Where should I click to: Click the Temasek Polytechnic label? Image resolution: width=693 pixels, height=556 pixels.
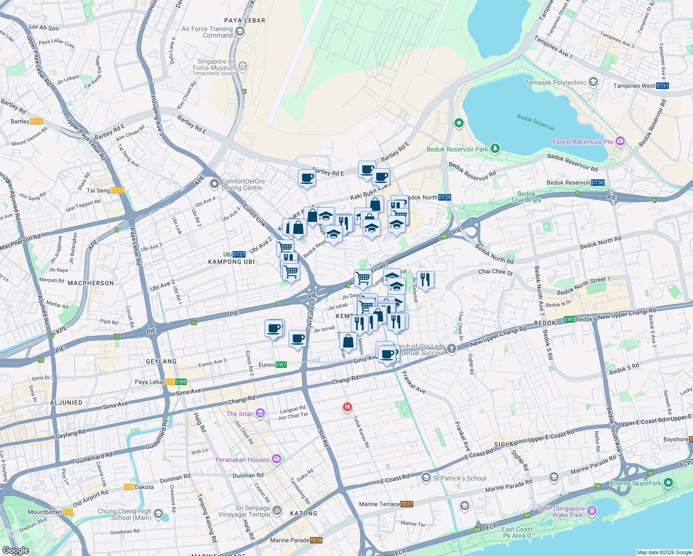click(x=555, y=82)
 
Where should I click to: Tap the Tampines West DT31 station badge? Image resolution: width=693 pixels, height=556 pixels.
click(x=662, y=86)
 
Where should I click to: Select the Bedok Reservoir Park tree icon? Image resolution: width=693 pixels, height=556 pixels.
click(x=495, y=148)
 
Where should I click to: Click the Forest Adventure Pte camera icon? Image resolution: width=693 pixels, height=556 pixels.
click(x=620, y=141)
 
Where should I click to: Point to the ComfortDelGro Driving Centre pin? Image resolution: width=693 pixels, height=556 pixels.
click(x=214, y=184)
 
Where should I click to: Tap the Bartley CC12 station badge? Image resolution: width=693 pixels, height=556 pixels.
click(x=36, y=121)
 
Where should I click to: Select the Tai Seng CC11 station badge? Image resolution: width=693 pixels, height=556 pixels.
click(x=117, y=190)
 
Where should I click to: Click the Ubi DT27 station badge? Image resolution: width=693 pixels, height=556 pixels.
click(x=239, y=254)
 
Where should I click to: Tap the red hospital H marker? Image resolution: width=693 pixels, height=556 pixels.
click(x=347, y=407)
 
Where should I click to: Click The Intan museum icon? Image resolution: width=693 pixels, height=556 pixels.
click(x=260, y=413)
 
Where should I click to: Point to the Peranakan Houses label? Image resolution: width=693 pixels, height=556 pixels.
click(x=242, y=460)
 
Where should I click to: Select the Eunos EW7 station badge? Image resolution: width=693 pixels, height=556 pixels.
click(x=281, y=365)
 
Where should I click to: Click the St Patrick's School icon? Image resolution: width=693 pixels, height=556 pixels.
click(x=426, y=477)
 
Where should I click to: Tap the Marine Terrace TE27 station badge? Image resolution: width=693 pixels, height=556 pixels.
click(x=406, y=504)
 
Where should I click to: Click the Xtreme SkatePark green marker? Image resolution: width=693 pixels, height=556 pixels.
click(x=668, y=483)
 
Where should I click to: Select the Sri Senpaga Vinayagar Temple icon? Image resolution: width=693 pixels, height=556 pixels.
click(x=277, y=510)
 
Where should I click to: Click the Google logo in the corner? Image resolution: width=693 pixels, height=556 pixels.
click(x=15, y=550)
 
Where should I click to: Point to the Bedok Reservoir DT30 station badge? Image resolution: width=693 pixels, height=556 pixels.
click(x=598, y=183)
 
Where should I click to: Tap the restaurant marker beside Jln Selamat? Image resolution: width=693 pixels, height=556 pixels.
click(x=425, y=279)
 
